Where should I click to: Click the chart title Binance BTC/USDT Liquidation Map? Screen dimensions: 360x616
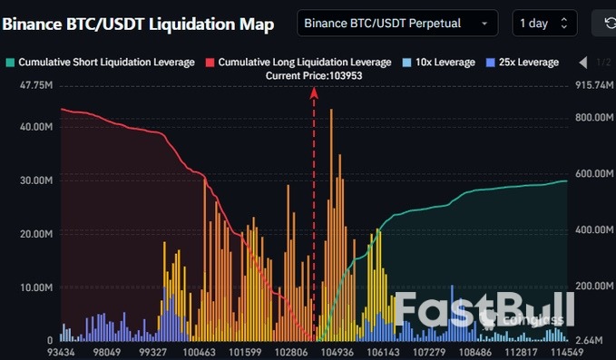point(138,24)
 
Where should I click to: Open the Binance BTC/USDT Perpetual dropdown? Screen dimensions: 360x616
point(397,23)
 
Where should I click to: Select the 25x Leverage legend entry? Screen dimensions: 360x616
point(522,62)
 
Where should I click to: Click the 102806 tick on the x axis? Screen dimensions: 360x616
point(292,351)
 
